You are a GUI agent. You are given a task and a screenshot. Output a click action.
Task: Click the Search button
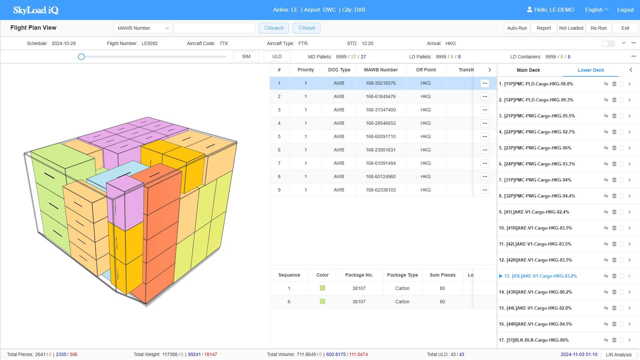click(273, 28)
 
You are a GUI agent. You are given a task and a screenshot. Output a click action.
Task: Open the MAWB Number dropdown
click(143, 28)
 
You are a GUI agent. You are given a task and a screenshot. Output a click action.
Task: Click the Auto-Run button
click(517, 28)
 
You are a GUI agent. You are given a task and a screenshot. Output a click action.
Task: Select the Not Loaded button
click(571, 28)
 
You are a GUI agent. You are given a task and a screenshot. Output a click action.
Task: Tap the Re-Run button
click(598, 28)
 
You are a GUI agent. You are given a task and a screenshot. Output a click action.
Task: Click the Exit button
click(625, 28)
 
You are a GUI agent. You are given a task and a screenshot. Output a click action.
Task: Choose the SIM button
click(246, 56)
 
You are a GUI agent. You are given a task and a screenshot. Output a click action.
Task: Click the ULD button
click(277, 56)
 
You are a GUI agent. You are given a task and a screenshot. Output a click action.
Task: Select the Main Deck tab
click(528, 70)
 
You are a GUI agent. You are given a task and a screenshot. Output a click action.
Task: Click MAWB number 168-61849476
click(381, 96)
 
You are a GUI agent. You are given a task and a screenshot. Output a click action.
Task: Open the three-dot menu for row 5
click(485, 136)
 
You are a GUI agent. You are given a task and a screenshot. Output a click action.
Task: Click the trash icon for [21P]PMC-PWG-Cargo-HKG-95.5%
click(614, 116)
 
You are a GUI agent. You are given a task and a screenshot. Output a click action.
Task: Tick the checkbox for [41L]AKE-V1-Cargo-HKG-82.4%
click(622, 212)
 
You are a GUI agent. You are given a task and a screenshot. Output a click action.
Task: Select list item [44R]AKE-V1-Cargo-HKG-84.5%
click(539, 324)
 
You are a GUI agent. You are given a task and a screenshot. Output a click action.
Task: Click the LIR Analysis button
click(619, 355)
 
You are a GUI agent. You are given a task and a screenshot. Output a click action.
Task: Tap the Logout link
click(625, 10)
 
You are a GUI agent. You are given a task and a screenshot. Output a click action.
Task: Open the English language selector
click(597, 10)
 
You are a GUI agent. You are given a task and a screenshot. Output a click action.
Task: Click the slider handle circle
click(81, 57)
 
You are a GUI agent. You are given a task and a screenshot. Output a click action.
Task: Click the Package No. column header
click(359, 275)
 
